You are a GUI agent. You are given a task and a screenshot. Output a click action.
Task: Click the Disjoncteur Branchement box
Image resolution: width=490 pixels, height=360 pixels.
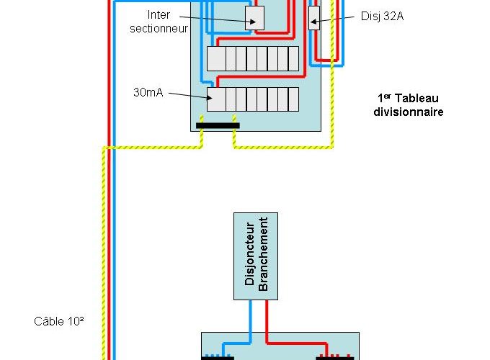coord(256,256)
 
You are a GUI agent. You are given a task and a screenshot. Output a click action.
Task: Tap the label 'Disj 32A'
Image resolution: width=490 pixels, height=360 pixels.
coord(382,15)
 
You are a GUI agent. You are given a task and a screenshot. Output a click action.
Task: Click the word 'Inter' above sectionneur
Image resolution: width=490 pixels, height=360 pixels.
coord(159,14)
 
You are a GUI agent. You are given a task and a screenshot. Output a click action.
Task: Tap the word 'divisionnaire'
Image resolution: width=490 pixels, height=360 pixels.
coord(408,112)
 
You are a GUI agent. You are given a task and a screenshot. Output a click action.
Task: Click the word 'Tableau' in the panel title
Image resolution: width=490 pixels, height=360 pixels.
coord(419,98)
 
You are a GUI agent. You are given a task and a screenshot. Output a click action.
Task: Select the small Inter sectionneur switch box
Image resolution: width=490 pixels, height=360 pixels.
coord(255,18)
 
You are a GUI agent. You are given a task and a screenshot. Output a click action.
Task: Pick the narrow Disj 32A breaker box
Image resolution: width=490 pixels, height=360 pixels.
coord(314,18)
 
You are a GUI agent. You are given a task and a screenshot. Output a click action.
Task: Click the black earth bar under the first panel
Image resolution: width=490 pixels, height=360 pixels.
coord(218,125)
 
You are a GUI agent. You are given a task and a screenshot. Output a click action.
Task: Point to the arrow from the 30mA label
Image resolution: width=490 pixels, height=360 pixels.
coord(189,95)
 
